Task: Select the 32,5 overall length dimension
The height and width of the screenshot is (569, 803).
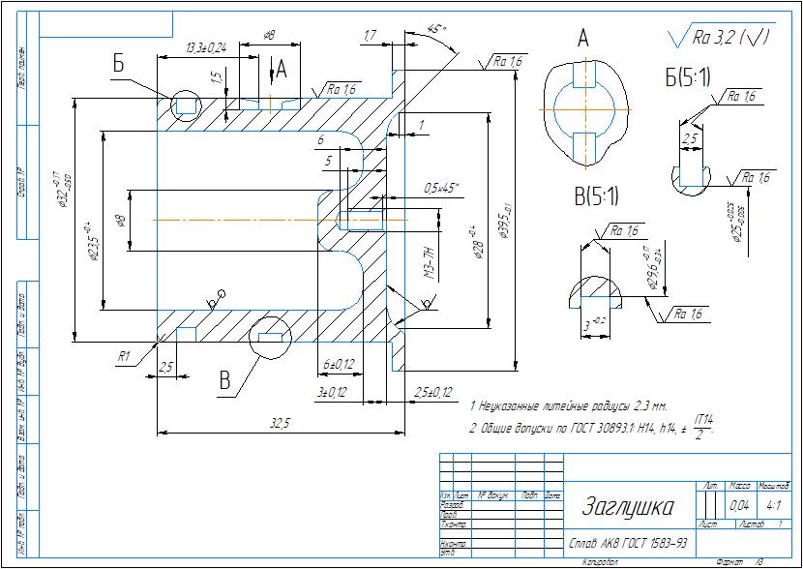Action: [281, 422]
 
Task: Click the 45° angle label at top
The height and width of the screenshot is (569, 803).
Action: [437, 30]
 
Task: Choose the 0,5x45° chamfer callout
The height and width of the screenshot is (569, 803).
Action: [442, 187]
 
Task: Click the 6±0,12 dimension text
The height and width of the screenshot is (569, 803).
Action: [338, 364]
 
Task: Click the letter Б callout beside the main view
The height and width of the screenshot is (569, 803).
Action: [118, 64]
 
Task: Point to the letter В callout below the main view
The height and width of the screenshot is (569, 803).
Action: [225, 381]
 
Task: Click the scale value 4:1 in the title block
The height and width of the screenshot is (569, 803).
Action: [773, 505]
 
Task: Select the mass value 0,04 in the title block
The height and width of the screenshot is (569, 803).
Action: [739, 505]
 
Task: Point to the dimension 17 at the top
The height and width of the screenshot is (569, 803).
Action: [370, 36]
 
